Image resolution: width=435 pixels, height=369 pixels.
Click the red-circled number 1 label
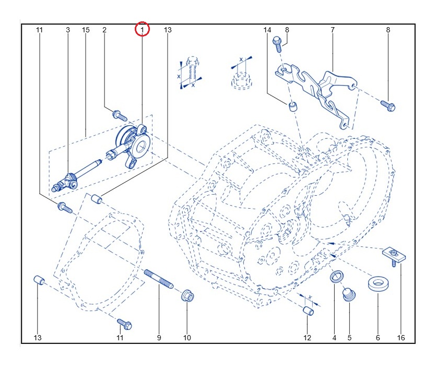[142, 30]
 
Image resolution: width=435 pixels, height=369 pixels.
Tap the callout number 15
[86, 30]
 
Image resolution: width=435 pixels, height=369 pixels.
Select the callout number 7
[333, 30]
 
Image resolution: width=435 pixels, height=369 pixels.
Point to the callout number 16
[401, 338]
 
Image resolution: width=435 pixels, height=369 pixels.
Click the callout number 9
[159, 338]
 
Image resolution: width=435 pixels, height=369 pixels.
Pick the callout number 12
[307, 338]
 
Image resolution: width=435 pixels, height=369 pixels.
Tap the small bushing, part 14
[293, 107]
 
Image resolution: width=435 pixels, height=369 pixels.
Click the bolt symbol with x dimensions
[191, 70]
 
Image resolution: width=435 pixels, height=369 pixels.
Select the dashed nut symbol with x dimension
[241, 78]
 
